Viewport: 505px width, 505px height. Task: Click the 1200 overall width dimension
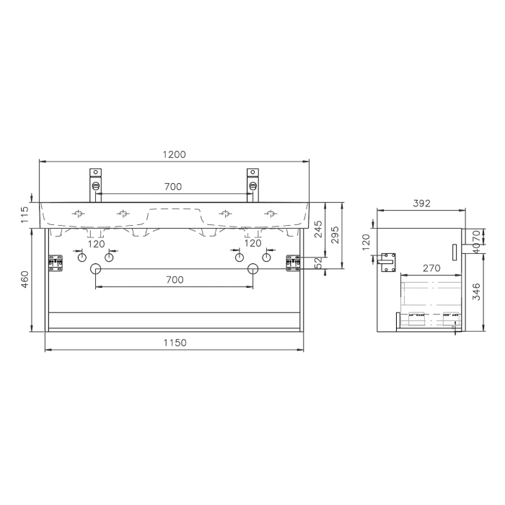175,154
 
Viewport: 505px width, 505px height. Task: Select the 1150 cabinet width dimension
175,343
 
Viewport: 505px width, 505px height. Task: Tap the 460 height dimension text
25,280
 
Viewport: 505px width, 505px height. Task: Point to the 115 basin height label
25,214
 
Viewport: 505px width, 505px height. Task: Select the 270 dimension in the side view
431,268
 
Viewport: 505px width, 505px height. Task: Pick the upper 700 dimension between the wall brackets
173,187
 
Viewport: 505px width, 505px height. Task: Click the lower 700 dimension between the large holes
174,279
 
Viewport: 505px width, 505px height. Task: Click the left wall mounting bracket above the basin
96,180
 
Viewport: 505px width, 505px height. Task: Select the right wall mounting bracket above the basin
252,180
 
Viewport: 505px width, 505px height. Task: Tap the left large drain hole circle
95,269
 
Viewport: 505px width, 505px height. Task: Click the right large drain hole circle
252,269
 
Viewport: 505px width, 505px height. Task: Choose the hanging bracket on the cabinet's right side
293,262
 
